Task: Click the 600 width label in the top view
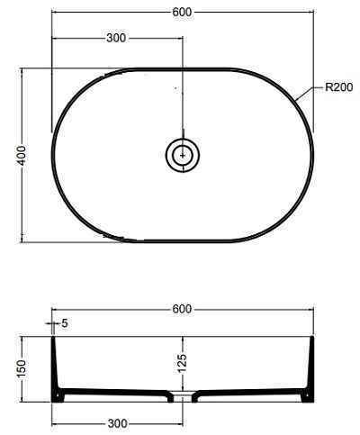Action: [x=182, y=13]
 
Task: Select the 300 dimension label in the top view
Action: [x=116, y=39]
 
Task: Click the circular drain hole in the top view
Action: [x=183, y=155]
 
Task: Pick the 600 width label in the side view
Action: [x=182, y=309]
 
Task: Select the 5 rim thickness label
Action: [x=64, y=322]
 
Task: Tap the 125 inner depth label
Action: [x=182, y=363]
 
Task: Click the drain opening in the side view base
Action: [x=183, y=395]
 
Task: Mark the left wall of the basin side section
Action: [x=55, y=365]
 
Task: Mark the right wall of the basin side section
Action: [x=310, y=365]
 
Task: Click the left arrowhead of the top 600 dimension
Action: [x=54, y=13]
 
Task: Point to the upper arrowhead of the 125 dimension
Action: [x=183, y=340]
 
